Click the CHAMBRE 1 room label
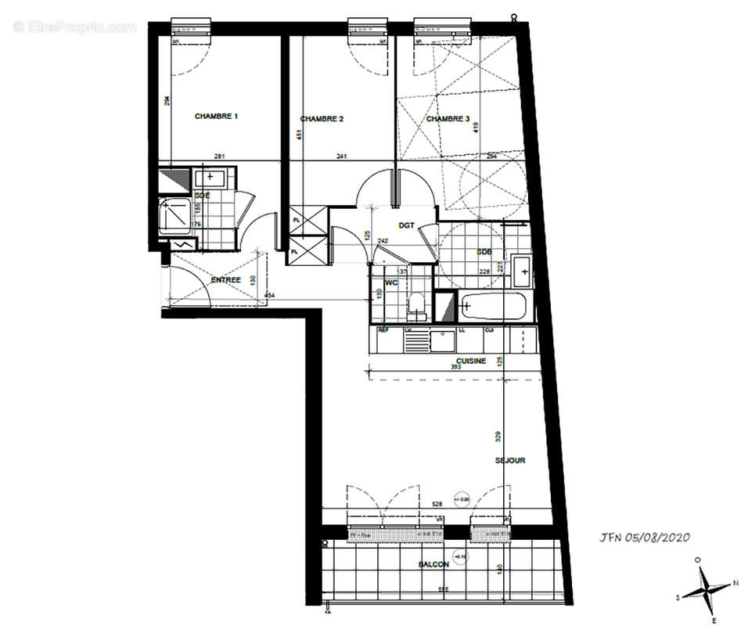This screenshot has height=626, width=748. [216, 116]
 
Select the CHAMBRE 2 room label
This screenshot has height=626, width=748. [322, 119]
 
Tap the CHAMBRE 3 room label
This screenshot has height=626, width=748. [448, 119]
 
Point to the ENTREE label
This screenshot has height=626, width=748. [225, 279]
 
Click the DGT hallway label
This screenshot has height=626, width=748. [406, 225]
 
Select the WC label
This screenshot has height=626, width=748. [391, 282]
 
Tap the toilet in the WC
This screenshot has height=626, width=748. [417, 305]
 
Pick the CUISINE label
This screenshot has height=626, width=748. [472, 361]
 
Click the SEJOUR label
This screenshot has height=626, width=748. [509, 460]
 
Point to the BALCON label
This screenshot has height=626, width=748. [434, 564]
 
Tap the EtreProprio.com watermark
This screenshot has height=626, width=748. [75, 27]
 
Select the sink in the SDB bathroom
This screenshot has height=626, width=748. [523, 271]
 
